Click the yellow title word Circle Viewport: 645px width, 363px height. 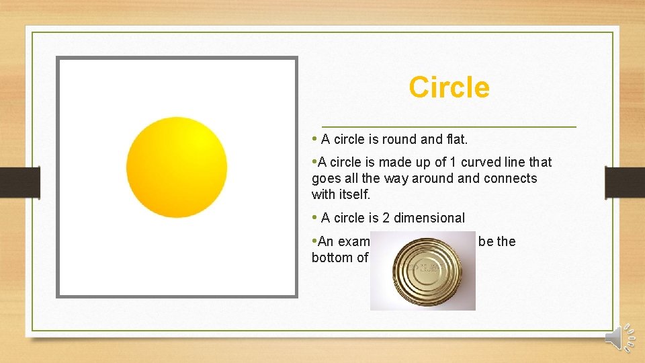[x=449, y=87]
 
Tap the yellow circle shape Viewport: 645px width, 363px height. [x=177, y=167]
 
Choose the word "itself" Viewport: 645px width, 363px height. [x=353, y=195]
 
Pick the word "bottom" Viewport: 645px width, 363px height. [x=333, y=257]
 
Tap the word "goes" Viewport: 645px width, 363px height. [x=326, y=179]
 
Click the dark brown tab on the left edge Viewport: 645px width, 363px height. [x=19, y=182]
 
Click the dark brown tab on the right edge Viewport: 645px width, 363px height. [x=625, y=182]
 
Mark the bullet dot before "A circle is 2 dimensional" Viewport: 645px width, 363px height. [x=314, y=217]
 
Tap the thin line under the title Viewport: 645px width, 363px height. [x=449, y=126]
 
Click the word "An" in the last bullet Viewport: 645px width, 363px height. [x=326, y=241]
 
